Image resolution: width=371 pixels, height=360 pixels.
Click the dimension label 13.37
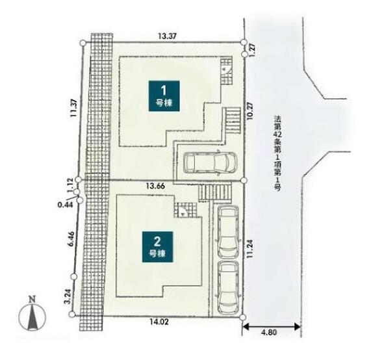(x=167, y=36)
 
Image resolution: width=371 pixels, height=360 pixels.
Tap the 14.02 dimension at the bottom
(x=159, y=322)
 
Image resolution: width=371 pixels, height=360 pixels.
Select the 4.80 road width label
(x=269, y=332)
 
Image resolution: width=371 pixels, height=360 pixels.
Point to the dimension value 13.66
(x=155, y=186)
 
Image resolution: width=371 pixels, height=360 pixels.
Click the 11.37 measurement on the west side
(x=73, y=108)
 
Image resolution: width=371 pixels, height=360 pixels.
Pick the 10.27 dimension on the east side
(x=250, y=111)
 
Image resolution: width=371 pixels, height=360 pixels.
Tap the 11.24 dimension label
(x=250, y=249)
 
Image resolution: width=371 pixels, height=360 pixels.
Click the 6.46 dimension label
(x=71, y=239)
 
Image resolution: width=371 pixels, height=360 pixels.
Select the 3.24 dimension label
(x=68, y=296)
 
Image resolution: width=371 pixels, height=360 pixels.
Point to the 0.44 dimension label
(x=65, y=205)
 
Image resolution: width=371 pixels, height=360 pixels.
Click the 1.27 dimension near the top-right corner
(x=252, y=49)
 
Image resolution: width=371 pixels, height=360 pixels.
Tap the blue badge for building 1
(x=164, y=96)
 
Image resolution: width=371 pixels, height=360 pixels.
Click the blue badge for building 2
(x=158, y=247)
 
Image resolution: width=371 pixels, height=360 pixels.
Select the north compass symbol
(x=32, y=315)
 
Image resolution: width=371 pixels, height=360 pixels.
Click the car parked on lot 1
(x=210, y=162)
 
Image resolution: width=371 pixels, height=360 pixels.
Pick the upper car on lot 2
(x=228, y=232)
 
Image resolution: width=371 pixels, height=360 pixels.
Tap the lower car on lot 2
(x=228, y=288)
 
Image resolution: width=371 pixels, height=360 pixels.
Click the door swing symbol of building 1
(x=226, y=70)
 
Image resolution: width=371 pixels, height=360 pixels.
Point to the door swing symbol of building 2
(x=183, y=212)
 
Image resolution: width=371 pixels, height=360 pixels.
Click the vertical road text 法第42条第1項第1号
(x=277, y=153)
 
